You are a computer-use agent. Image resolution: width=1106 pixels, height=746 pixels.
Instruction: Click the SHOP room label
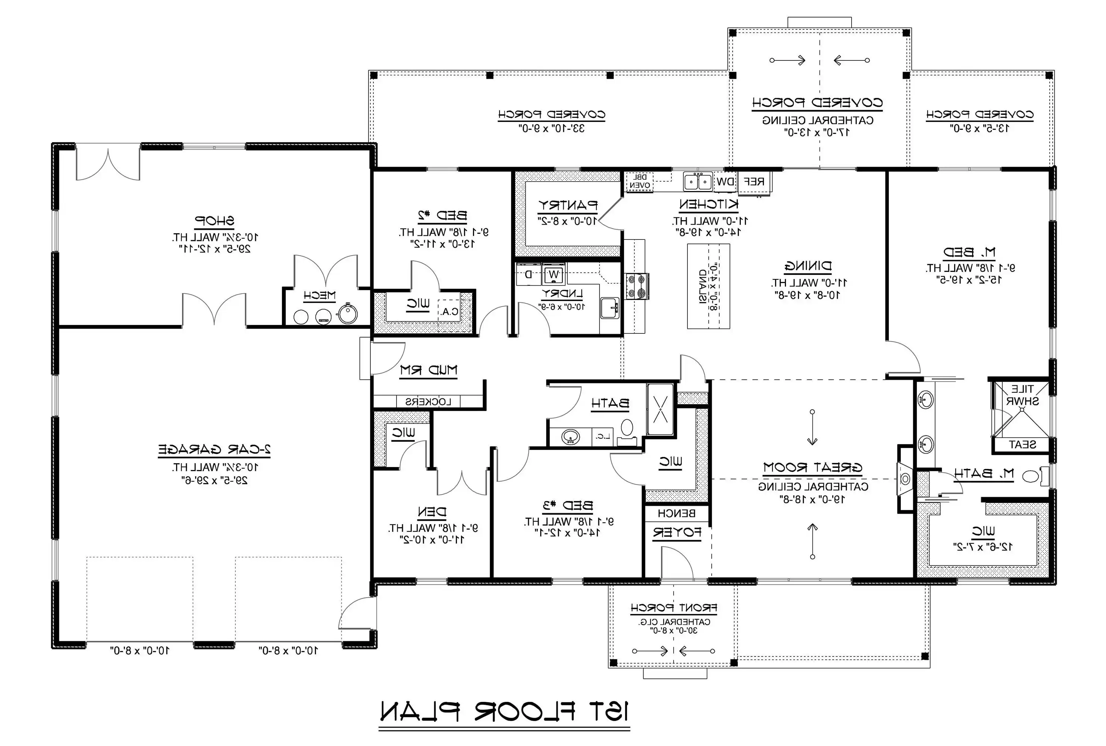214,221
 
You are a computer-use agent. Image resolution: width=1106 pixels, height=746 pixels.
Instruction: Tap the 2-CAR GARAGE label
214,449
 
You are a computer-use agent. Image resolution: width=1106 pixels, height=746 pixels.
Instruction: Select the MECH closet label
320,295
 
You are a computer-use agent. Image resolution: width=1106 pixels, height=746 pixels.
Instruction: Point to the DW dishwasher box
726,182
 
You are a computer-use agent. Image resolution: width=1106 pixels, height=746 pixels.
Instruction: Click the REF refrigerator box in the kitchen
754,182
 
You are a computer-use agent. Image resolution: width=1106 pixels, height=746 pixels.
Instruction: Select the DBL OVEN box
639,182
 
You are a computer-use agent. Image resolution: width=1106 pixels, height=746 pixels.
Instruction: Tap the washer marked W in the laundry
553,275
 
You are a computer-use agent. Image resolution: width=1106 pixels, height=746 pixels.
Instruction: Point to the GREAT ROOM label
812,468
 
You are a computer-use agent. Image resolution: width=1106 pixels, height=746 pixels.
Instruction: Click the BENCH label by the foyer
676,513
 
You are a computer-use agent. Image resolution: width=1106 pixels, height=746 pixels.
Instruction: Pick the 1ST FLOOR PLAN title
504,712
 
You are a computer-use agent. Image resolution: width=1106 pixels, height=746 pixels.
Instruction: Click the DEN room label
432,512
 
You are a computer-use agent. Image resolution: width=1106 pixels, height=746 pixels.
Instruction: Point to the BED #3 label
568,505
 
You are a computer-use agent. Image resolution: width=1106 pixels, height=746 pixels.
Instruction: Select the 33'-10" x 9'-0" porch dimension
551,128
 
